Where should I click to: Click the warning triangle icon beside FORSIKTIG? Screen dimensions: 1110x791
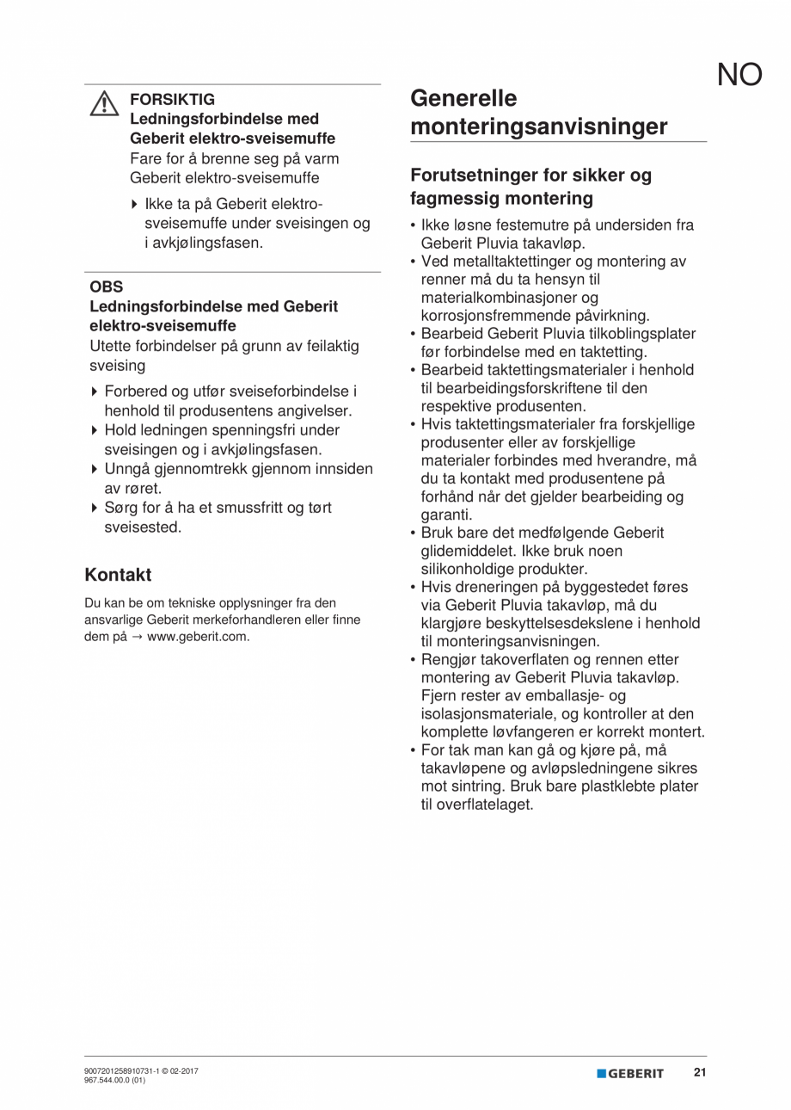click(x=103, y=104)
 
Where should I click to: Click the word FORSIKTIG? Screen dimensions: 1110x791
click(x=172, y=99)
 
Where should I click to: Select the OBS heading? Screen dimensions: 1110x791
click(x=106, y=287)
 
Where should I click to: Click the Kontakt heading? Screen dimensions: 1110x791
click(x=118, y=575)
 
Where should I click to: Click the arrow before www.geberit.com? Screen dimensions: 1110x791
click(x=138, y=637)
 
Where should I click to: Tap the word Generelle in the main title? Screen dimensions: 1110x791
click(x=463, y=98)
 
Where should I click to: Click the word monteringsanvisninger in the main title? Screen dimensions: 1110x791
click(x=538, y=127)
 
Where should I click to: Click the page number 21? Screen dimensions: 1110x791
click(x=700, y=1072)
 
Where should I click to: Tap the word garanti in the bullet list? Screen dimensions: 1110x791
click(x=446, y=515)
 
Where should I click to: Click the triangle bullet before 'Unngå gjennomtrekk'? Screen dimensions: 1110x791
click(x=95, y=470)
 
